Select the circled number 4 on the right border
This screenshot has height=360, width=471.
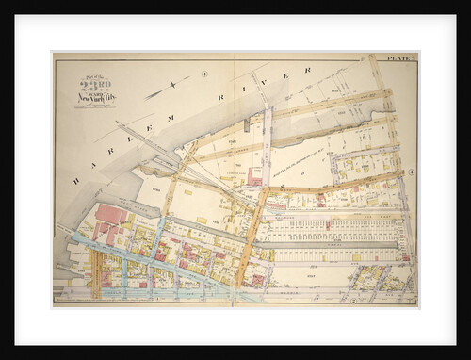pyautogui.click(x=412, y=171)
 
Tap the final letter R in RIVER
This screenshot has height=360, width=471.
pyautogui.click(x=307, y=70)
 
